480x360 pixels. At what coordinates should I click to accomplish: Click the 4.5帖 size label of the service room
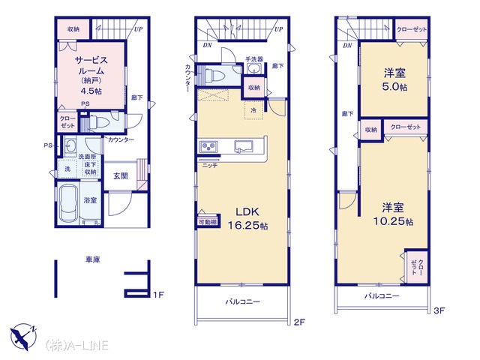pos(91,91)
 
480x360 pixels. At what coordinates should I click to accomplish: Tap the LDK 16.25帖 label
pos(247,218)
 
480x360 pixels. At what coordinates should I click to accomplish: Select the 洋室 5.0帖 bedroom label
pos(394,80)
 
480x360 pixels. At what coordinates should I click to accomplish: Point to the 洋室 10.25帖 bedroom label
pos(393,214)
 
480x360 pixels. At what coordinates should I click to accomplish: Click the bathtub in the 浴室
pos(68,202)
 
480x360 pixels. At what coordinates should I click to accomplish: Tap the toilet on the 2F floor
pos(211,76)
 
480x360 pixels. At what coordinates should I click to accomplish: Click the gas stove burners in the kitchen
pos(208,147)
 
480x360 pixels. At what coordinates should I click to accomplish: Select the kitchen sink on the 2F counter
pos(244,146)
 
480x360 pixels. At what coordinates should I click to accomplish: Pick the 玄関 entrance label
pos(120,176)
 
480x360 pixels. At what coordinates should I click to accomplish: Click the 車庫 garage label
pos(93,259)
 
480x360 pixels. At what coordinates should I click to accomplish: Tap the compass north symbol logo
pos(23,337)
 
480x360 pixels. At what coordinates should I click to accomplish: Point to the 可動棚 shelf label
pos(208,222)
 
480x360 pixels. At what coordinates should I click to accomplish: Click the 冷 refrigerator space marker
pos(253,110)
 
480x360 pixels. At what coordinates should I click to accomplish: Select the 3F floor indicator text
pos(439,310)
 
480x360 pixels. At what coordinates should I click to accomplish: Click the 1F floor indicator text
pos(158,295)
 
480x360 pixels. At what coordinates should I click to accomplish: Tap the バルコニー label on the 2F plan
pos(243,301)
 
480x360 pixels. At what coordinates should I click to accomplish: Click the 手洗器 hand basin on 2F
pos(254,68)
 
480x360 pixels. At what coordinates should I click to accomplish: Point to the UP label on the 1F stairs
pos(138,29)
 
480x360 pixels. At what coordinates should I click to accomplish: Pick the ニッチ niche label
pos(210,166)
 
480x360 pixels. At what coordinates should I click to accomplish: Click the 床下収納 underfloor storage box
pos(91,168)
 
